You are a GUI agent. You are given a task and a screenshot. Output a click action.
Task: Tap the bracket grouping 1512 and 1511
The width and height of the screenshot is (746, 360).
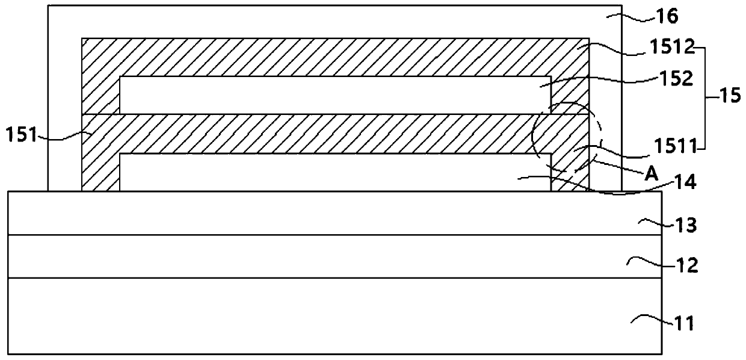click(704, 96)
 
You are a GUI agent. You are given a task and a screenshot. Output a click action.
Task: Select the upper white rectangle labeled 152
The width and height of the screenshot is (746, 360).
click(334, 95)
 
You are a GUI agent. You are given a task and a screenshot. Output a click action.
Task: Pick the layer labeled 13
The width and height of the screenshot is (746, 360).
click(334, 213)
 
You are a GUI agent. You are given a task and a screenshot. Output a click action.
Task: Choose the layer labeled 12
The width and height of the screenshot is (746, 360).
click(334, 256)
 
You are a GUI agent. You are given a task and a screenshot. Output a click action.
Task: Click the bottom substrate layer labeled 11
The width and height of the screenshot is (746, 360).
click(334, 315)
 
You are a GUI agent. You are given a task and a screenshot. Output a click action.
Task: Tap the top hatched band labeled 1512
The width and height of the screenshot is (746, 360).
click(334, 57)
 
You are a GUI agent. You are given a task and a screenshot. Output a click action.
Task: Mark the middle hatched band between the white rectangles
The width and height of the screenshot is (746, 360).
click(334, 134)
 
